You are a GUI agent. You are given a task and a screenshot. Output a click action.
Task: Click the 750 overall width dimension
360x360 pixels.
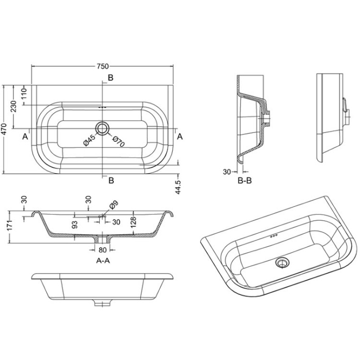tap(102, 66)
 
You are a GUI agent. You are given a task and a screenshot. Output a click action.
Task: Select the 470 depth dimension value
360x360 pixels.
tap(5, 129)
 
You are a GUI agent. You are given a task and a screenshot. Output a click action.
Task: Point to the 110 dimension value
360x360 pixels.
tap(24, 94)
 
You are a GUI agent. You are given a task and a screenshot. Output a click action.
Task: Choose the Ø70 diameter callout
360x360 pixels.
tap(116, 140)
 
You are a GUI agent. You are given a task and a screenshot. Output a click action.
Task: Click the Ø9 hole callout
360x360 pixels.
tap(113, 205)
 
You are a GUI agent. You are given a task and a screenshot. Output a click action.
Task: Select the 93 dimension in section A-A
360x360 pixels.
tap(74, 224)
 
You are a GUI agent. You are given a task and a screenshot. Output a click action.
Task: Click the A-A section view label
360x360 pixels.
tap(103, 261)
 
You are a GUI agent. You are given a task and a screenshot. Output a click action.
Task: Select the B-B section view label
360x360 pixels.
tap(244, 181)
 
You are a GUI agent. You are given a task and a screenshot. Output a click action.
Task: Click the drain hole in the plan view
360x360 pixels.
tap(102, 128)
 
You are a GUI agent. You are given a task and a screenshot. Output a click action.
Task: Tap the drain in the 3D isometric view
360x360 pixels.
tap(282, 262)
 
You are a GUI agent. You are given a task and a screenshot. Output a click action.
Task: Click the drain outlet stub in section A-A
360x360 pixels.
tap(102, 241)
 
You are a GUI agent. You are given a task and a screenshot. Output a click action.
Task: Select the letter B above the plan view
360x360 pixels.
tap(110, 78)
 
